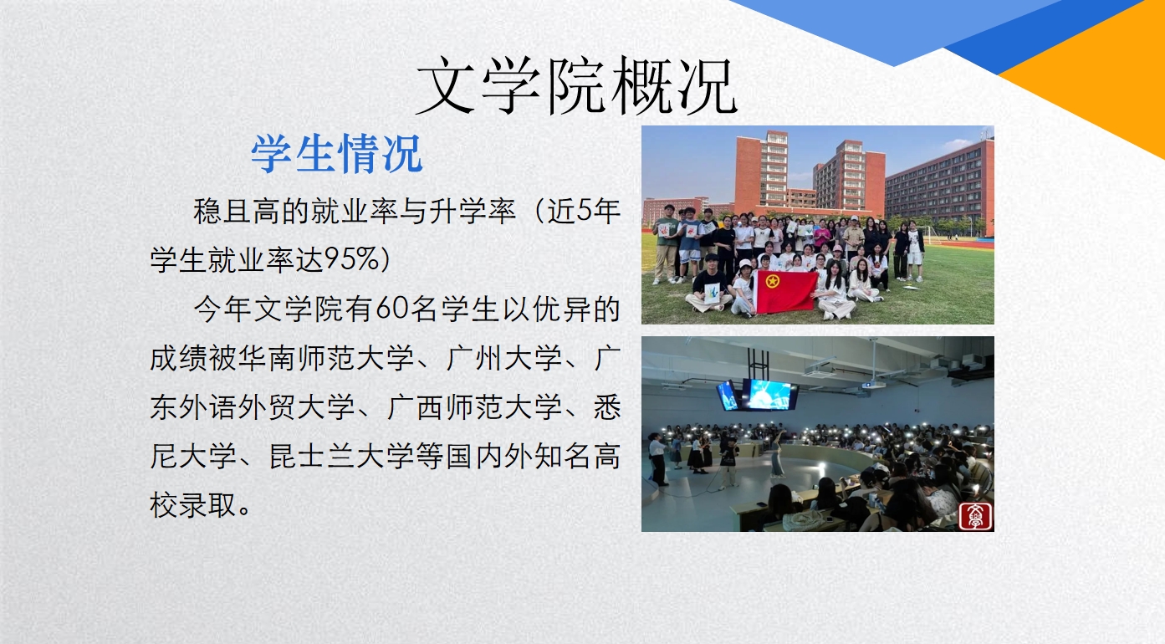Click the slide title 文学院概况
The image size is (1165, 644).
coord(576,86)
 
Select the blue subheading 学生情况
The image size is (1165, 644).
coord(336,153)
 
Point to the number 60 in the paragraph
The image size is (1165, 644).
coord(391,309)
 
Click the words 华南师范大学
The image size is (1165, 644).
coord(326,358)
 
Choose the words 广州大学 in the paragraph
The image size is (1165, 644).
coord(504,358)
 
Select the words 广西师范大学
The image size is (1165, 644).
coord(474,406)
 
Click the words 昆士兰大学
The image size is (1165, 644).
coord(341,456)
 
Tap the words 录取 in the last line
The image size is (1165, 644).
coord(207,504)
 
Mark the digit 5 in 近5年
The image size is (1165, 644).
coord(584,211)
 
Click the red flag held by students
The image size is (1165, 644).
coord(786,292)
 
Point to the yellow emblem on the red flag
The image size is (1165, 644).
coord(772,281)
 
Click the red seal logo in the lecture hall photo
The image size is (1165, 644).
coord(975,515)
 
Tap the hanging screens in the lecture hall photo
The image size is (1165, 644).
coord(757,395)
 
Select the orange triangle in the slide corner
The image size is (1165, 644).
coord(1097,68)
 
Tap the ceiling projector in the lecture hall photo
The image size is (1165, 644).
coord(874,384)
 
